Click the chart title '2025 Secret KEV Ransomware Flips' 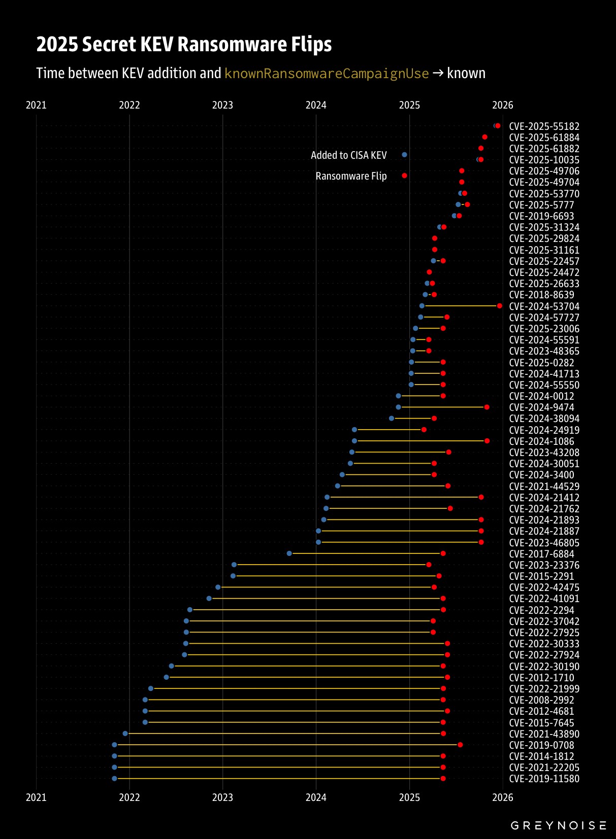coord(184,45)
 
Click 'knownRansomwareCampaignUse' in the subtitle coord(327,74)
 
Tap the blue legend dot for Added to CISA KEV coord(404,155)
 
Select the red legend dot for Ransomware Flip coord(404,176)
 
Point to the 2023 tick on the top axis coord(222,105)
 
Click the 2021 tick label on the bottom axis coord(36,797)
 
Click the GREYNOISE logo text coord(558,825)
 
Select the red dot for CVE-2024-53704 coord(500,306)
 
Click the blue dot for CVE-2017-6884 coord(289,553)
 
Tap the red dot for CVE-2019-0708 coord(460,745)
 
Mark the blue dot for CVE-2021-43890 coord(125,733)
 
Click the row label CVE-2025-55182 coord(544,126)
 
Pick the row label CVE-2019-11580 coord(544,779)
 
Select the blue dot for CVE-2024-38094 coord(392,418)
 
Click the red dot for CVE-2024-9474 coord(487,407)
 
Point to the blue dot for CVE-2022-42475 coord(218,587)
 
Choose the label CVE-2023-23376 coord(544,565)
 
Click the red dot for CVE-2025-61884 coord(484,137)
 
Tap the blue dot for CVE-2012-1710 coord(167,677)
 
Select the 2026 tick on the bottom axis coord(503,797)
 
